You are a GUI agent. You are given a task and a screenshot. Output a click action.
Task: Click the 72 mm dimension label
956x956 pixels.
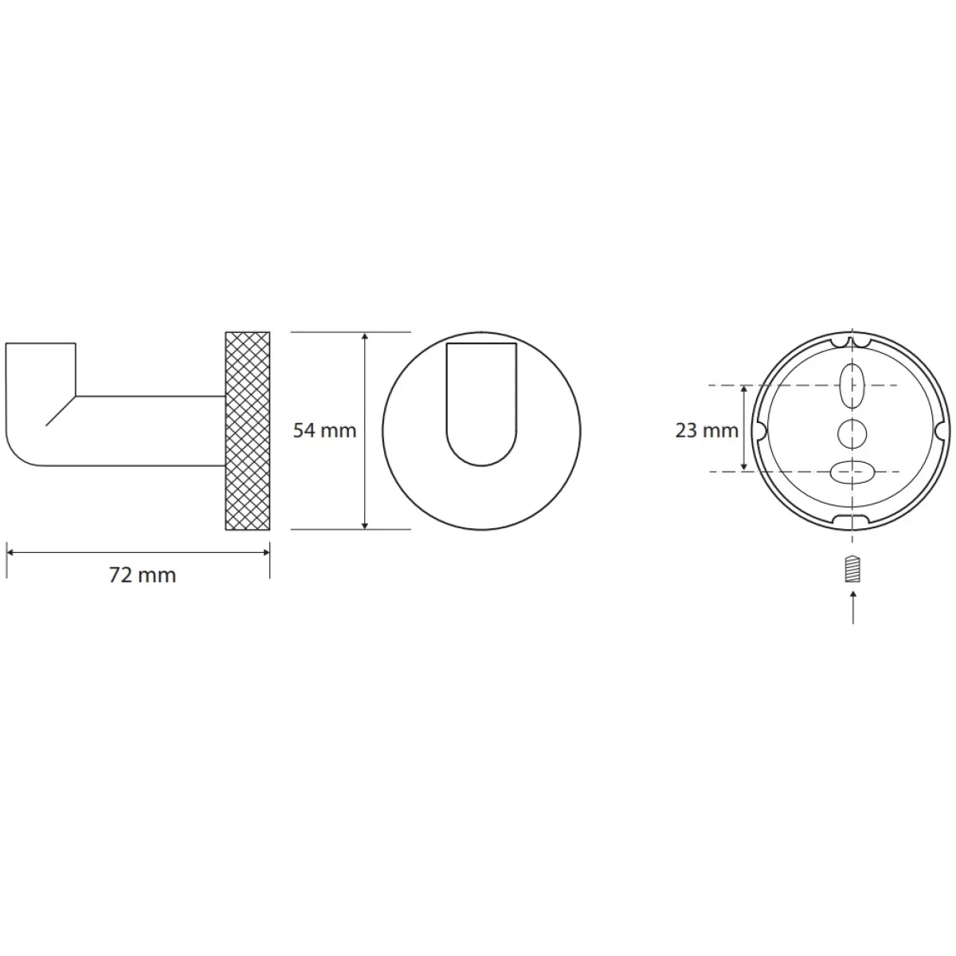[143, 575]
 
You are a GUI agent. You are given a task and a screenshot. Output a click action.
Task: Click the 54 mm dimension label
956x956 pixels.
[324, 430]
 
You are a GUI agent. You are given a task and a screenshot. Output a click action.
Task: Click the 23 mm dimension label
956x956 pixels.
[707, 430]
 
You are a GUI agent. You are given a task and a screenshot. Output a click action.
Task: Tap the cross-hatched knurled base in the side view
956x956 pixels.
[248, 431]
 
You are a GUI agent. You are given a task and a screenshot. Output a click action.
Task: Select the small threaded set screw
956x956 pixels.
[852, 568]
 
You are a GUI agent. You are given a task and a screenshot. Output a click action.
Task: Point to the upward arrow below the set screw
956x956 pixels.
[852, 606]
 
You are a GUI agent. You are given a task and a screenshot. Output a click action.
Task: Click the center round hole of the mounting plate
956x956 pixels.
[852, 434]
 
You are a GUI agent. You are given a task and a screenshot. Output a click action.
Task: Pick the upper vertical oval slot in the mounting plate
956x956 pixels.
[852, 386]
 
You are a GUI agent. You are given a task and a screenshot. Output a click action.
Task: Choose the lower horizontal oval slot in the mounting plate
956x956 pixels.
[852, 472]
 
